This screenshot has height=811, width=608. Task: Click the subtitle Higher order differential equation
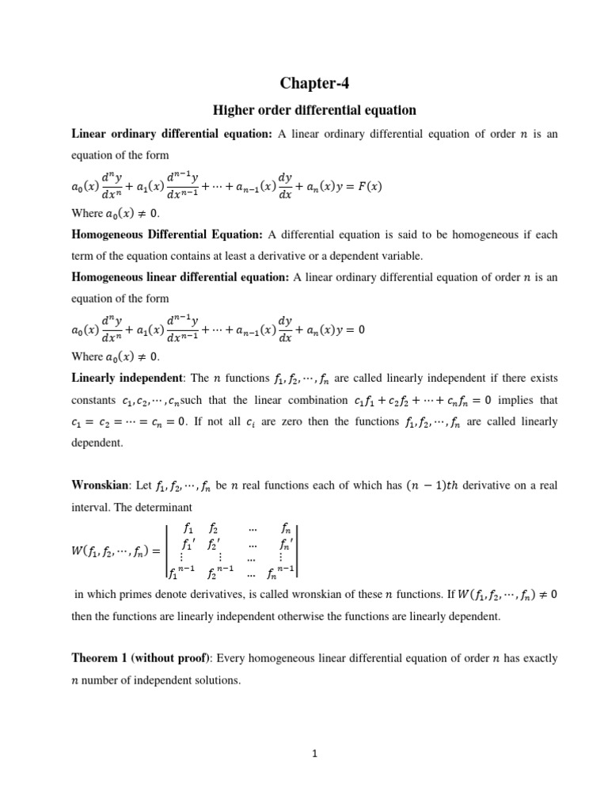tap(316, 110)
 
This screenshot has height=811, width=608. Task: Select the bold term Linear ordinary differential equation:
tap(172, 135)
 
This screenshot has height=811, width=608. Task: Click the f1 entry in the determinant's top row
tap(188, 527)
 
